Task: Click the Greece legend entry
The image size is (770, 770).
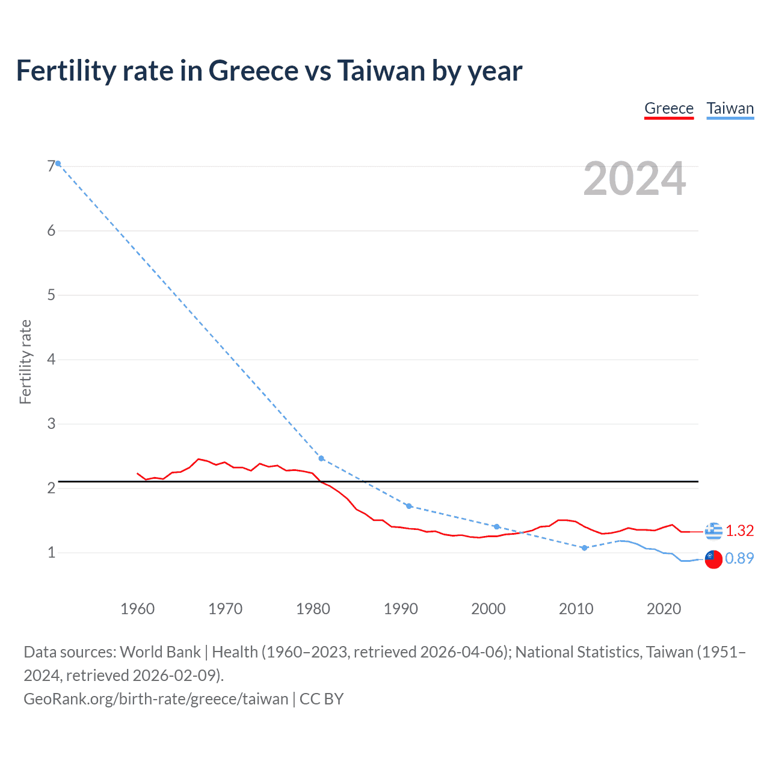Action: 669,108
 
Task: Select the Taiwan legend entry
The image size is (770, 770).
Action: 730,108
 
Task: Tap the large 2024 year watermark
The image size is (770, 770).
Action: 635,179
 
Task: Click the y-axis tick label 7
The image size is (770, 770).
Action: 51,166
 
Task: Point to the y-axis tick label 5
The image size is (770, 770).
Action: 51,295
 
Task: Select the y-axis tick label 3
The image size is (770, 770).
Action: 51,423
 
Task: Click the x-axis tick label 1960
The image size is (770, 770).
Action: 138,609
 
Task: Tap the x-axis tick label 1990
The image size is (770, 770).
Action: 401,609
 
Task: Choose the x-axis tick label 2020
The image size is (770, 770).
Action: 664,609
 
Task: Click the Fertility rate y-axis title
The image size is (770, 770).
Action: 25,362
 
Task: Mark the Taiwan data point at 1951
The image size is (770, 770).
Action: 58,164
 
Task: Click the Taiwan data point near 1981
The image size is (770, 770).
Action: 321,458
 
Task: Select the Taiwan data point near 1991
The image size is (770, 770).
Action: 409,506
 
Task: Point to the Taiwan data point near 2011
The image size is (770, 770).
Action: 584,547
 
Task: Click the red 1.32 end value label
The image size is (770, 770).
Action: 739,531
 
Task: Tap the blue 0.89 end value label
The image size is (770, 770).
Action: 739,558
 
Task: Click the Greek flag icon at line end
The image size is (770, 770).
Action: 713,531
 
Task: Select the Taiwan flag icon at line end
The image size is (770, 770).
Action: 713,559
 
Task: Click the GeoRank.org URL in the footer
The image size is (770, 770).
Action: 156,698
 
